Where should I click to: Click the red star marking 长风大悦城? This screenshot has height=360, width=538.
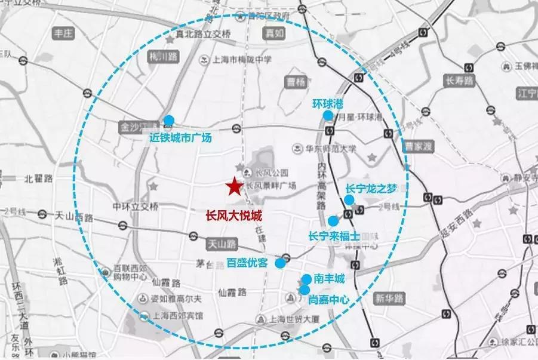234,187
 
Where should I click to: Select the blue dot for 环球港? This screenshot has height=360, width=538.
327,115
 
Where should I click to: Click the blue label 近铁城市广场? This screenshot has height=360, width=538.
180,137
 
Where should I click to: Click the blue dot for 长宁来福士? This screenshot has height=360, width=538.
333,221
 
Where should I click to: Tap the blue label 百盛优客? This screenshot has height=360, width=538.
247,262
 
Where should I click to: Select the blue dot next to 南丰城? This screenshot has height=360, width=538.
306,279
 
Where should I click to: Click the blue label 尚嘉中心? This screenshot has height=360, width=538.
328,301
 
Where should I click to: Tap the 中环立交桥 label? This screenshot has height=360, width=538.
136,207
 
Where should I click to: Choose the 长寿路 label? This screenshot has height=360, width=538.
459,79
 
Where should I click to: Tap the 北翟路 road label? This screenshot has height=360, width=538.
38,179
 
